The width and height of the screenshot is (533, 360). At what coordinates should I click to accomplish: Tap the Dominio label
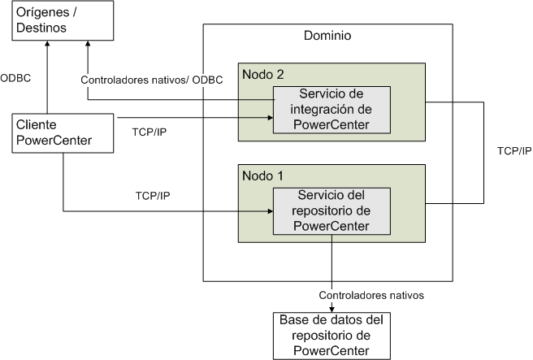[x=327, y=37]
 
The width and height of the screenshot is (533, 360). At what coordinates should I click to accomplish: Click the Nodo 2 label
[x=262, y=74]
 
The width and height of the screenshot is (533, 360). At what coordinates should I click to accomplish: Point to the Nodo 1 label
[x=262, y=175]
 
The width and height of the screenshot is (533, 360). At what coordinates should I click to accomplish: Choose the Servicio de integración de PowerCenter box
[x=332, y=110]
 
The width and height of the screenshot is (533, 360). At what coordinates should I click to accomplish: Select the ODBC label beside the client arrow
[x=15, y=79]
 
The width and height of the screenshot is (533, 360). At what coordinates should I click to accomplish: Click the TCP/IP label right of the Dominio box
[x=513, y=151]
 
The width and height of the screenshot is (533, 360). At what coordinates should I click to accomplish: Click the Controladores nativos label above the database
[x=371, y=295]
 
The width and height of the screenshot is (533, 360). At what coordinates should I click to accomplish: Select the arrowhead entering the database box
[x=332, y=307]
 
